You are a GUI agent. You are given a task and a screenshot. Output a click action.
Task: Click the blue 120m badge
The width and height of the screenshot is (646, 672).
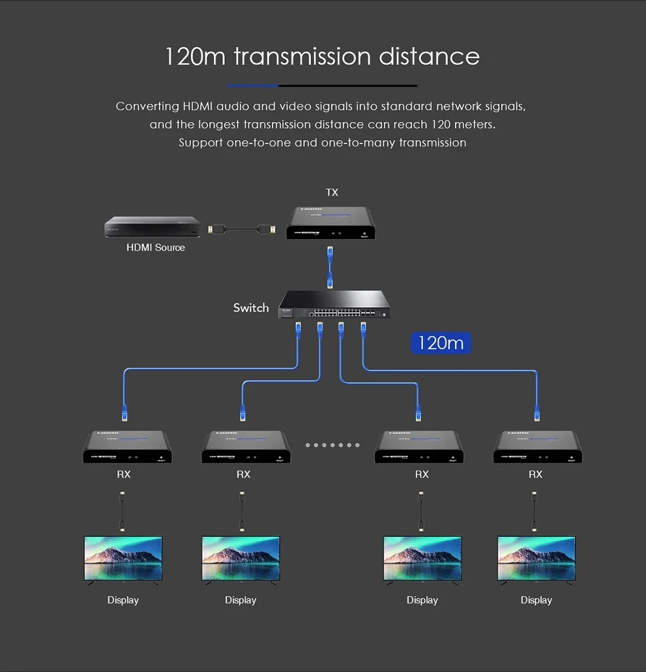(441, 343)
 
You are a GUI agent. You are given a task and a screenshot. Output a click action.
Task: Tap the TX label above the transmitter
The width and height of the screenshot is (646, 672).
(332, 192)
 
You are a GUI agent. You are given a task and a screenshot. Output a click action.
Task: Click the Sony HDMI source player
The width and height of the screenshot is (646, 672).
(153, 227)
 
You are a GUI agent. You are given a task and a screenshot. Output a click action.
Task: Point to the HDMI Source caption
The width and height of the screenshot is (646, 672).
(155, 248)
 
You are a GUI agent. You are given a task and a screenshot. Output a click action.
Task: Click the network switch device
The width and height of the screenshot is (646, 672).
(335, 305)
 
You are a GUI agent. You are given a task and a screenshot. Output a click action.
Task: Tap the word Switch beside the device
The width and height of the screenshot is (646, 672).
(251, 308)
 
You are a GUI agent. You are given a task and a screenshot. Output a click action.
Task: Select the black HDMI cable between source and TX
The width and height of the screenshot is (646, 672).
(241, 229)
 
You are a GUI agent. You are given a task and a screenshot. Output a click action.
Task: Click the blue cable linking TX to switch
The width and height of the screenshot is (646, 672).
(331, 267)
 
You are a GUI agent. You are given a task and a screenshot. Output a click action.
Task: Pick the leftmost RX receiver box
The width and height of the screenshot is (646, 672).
(127, 447)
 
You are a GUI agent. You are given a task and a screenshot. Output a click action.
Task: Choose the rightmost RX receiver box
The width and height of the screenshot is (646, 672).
(538, 447)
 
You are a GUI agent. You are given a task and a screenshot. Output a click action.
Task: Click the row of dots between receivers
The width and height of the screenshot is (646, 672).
(332, 445)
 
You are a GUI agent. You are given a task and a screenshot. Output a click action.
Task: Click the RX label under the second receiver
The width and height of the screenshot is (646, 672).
(243, 475)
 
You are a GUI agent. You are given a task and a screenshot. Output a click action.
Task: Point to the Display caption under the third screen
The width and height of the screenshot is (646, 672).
(422, 600)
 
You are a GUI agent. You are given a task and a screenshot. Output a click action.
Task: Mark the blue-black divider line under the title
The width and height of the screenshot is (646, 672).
(322, 85)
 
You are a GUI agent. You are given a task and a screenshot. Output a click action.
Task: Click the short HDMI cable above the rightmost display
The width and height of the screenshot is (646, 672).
(535, 512)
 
